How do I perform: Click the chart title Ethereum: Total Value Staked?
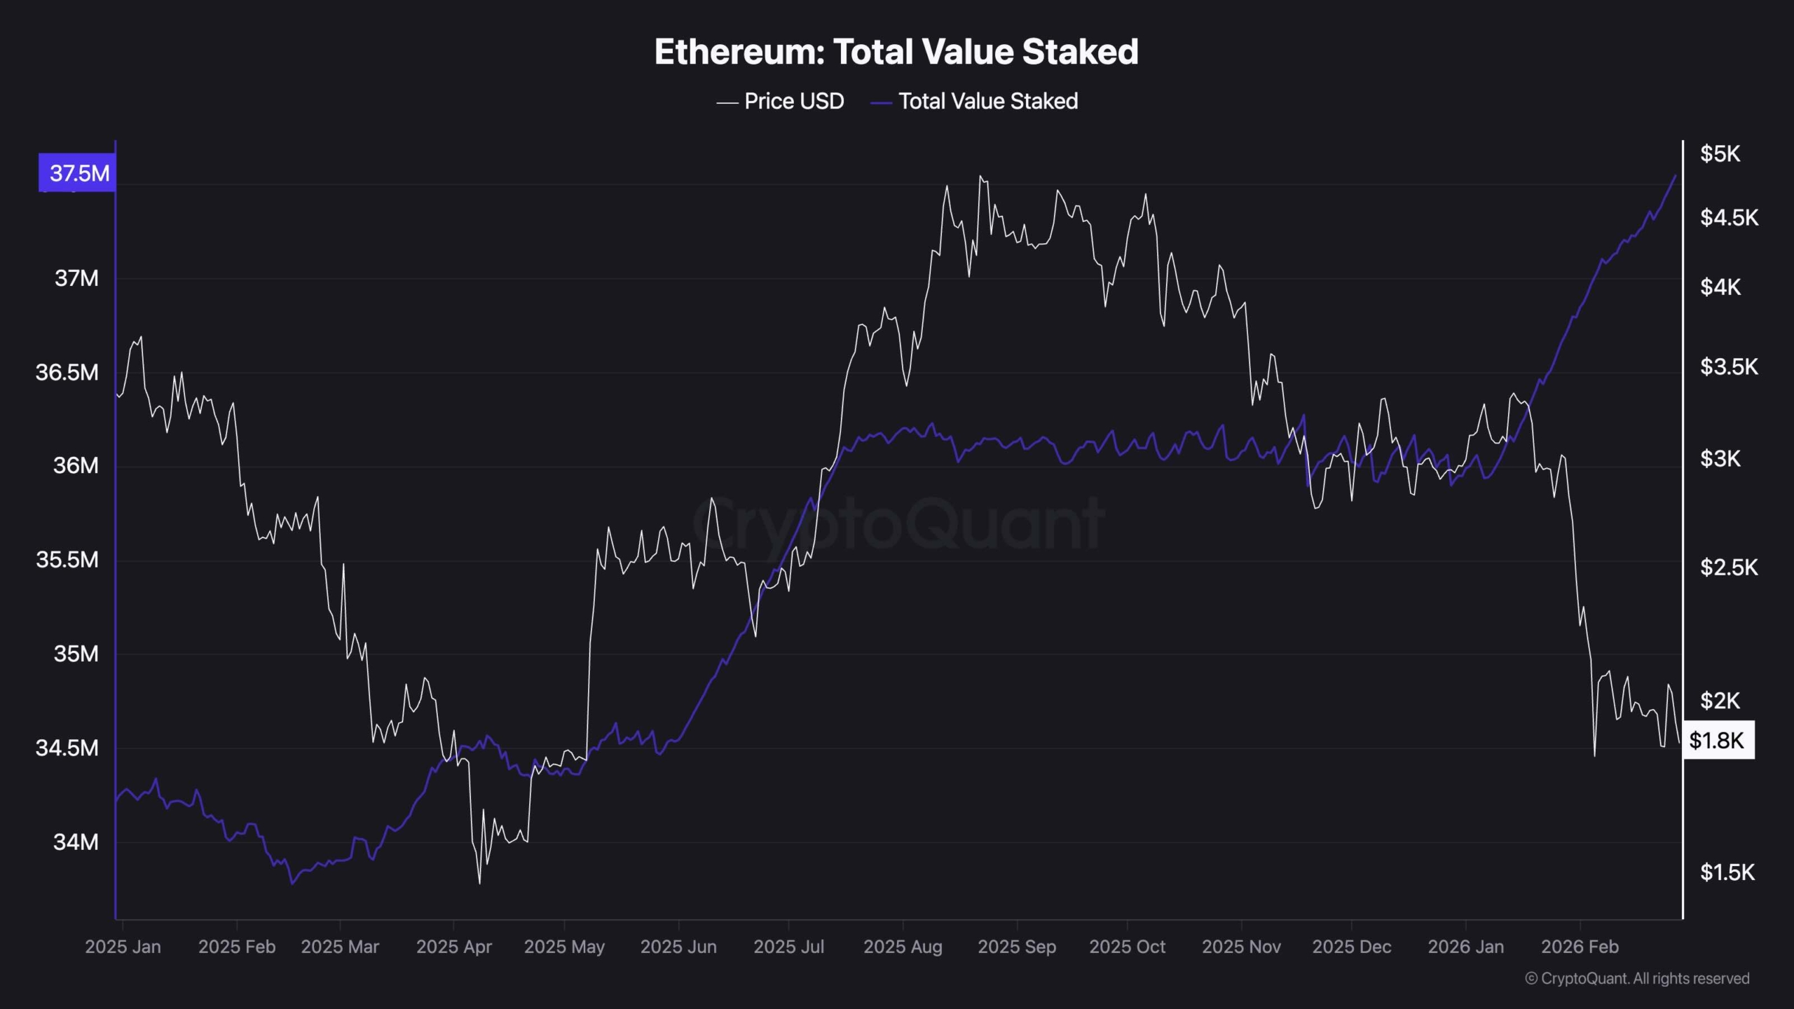896,52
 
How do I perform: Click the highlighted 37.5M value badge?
78,173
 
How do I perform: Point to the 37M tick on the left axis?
76,279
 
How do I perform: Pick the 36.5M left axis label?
67,372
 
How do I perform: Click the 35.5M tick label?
67,560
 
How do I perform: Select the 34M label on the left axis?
76,842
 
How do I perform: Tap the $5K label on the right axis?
1720,154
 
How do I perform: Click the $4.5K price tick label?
1729,218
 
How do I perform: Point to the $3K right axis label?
1720,459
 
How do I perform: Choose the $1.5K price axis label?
1727,872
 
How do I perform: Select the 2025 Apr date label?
454,947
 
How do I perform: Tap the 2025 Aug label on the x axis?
903,947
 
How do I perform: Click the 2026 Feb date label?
1580,947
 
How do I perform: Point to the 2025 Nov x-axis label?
1241,947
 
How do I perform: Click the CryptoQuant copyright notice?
1637,978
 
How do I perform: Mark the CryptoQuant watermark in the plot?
898,523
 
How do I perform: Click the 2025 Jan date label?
123,947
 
